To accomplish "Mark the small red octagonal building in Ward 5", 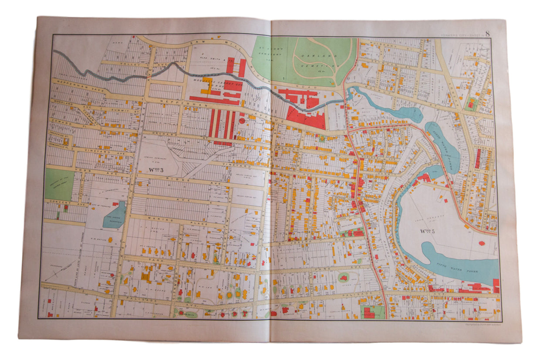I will tap(482, 243).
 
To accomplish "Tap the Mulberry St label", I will tap(379, 45).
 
